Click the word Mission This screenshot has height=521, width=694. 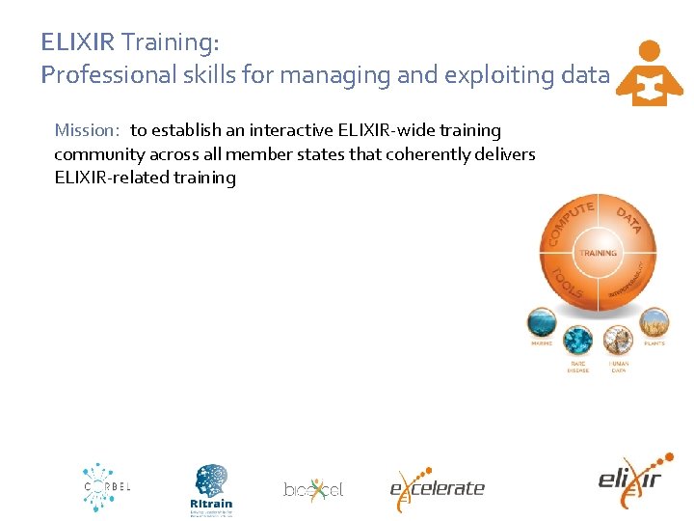(x=85, y=130)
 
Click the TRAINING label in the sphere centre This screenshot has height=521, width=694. (x=598, y=253)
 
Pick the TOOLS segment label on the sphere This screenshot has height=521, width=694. (x=567, y=282)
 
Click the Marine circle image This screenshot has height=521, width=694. (x=542, y=322)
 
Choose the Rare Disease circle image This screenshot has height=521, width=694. (x=578, y=341)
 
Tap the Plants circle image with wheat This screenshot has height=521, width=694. (x=654, y=322)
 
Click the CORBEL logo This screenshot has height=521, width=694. (x=105, y=486)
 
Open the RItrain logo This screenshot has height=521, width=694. (x=212, y=488)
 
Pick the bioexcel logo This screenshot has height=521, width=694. (x=313, y=490)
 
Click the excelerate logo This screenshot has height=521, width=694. (x=437, y=489)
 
